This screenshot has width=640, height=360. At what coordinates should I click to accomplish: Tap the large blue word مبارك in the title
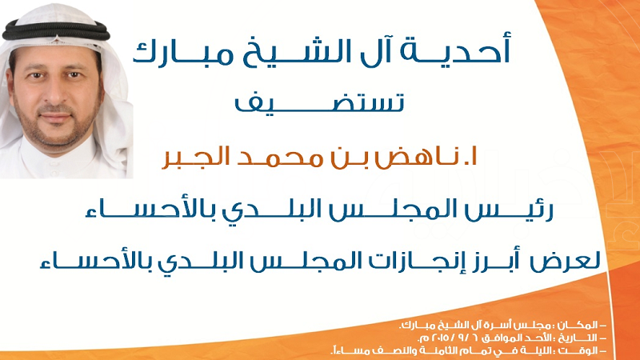tap(184, 52)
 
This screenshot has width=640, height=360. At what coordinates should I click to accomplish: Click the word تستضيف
tap(319, 102)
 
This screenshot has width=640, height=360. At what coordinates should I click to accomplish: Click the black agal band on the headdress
tap(56, 30)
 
